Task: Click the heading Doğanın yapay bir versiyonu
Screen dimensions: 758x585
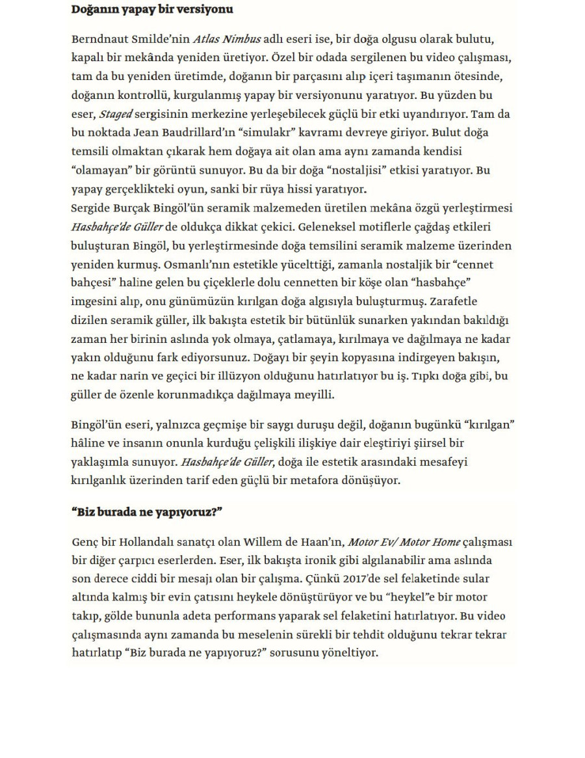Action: [152, 10]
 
